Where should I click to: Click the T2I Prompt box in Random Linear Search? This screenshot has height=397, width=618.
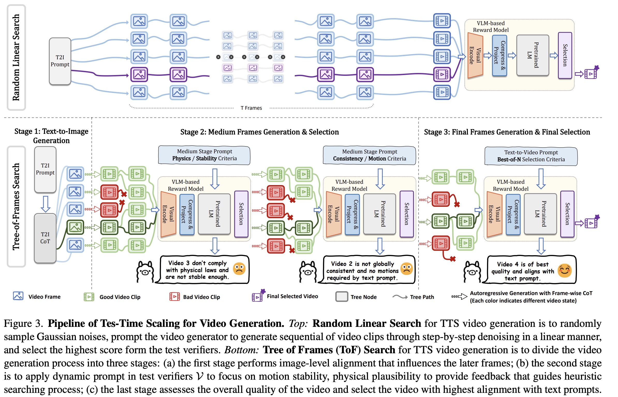pos(60,61)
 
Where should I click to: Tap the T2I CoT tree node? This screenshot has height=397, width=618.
pos(45,238)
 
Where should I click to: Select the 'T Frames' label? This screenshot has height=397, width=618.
pos(251,108)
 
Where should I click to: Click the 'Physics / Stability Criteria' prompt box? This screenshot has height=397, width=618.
pos(204,155)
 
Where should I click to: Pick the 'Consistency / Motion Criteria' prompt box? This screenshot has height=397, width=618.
pos(369,155)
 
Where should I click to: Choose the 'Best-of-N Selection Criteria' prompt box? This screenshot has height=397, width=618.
pos(531,156)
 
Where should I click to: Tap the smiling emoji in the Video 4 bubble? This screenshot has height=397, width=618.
pos(564,271)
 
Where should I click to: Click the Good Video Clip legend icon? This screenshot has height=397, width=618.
pos(89,297)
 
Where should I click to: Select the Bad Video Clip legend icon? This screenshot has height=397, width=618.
pos(174,297)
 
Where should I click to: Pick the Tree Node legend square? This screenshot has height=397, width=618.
pos(342,297)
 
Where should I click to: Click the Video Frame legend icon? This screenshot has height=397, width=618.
pos(18,296)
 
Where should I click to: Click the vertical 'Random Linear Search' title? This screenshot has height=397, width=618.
pos(16,57)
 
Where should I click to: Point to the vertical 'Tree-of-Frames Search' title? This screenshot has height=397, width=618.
pos(16,207)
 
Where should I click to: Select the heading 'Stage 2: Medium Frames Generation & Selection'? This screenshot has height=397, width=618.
pos(259,132)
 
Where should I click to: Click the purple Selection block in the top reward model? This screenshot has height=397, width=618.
pos(565,55)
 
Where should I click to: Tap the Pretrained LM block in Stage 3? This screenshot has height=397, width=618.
pos(540,214)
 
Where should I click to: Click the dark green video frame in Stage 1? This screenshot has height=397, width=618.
pos(75,227)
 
